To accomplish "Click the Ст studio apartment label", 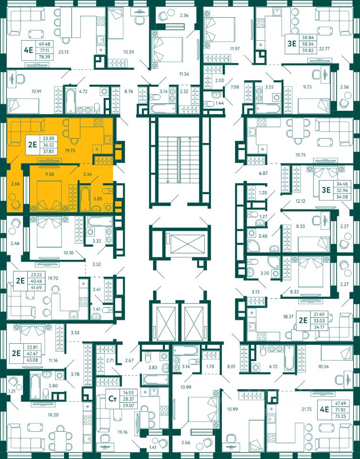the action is click(x=112, y=398).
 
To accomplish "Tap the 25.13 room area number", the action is click(x=64, y=52).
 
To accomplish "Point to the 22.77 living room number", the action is click(x=325, y=49).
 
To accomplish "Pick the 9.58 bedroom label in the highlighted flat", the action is click(x=49, y=174).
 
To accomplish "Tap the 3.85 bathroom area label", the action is click(x=98, y=198).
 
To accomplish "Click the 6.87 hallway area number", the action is click(x=263, y=173).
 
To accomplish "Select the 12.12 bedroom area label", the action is click(x=300, y=201).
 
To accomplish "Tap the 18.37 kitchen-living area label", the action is click(x=288, y=317).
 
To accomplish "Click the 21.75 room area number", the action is click(x=306, y=409).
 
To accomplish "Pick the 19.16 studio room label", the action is click(x=122, y=432).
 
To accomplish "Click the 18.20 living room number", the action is click(x=53, y=415).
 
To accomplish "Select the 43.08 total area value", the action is click(x=32, y=360).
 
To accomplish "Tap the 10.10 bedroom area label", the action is click(x=68, y=252).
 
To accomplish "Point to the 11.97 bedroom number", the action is click(x=235, y=49).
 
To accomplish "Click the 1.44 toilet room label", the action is click(x=220, y=103).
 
